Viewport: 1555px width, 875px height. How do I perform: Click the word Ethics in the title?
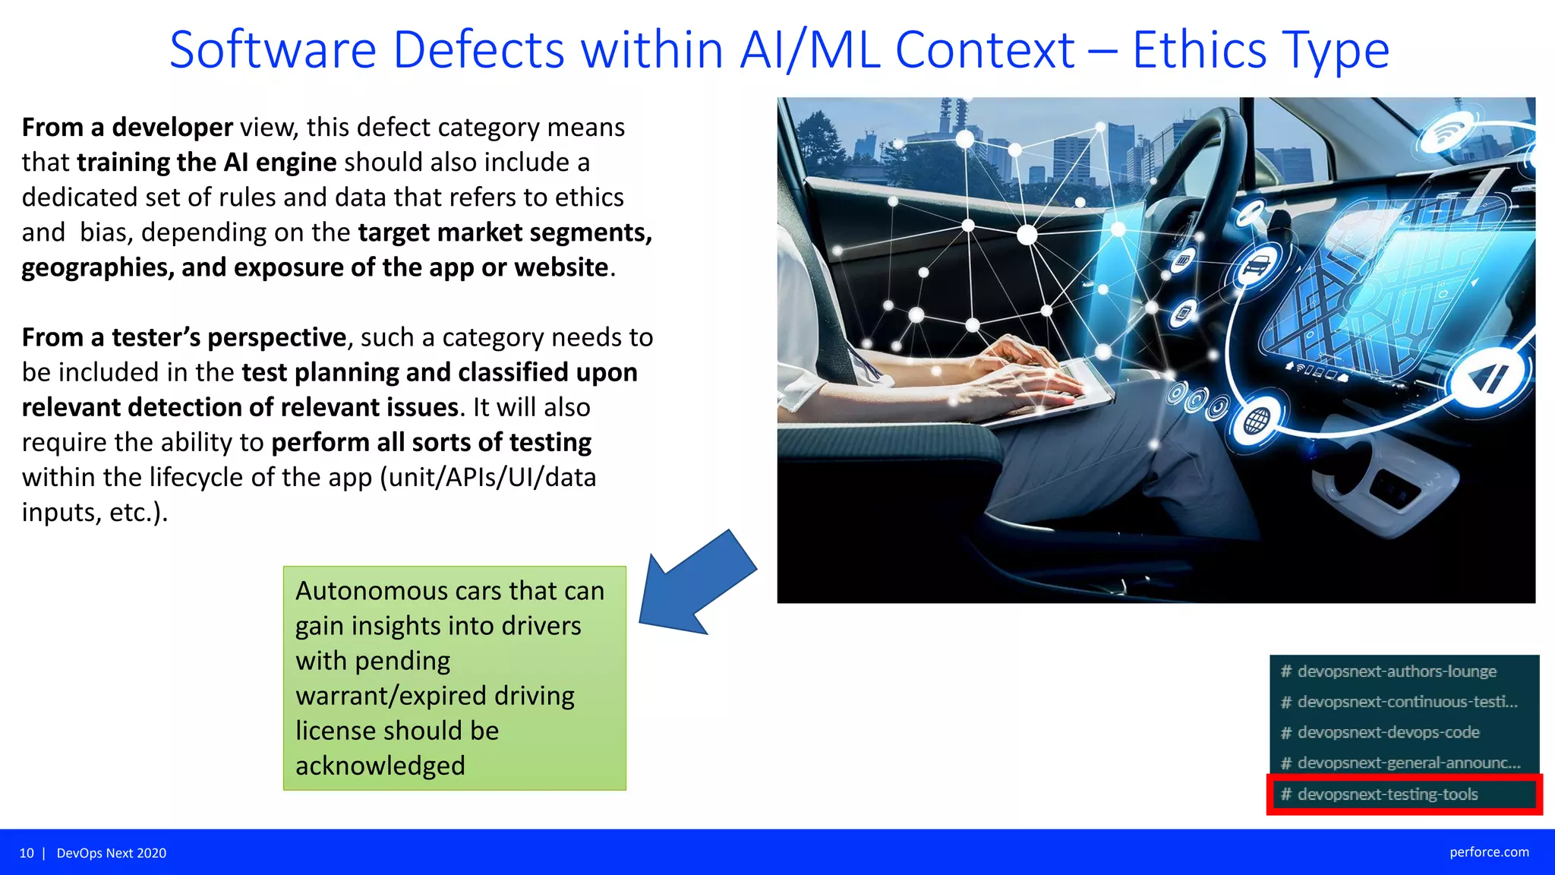coord(1199,50)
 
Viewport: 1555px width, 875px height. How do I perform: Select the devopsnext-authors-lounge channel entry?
coord(1396,671)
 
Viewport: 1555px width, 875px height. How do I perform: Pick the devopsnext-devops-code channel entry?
coord(1388,732)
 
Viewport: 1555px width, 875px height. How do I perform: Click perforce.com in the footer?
coord(1489,852)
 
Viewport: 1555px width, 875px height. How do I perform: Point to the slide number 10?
coord(27,853)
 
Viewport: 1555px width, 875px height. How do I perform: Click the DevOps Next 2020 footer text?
coord(112,853)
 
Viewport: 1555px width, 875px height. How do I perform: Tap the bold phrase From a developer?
coord(127,127)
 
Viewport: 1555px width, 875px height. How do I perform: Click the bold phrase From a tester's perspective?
coord(184,336)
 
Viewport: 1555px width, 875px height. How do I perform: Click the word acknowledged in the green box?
coord(380,765)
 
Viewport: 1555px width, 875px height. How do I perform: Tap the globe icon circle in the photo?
coord(1257,419)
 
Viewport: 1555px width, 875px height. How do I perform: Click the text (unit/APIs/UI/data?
coord(487,477)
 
